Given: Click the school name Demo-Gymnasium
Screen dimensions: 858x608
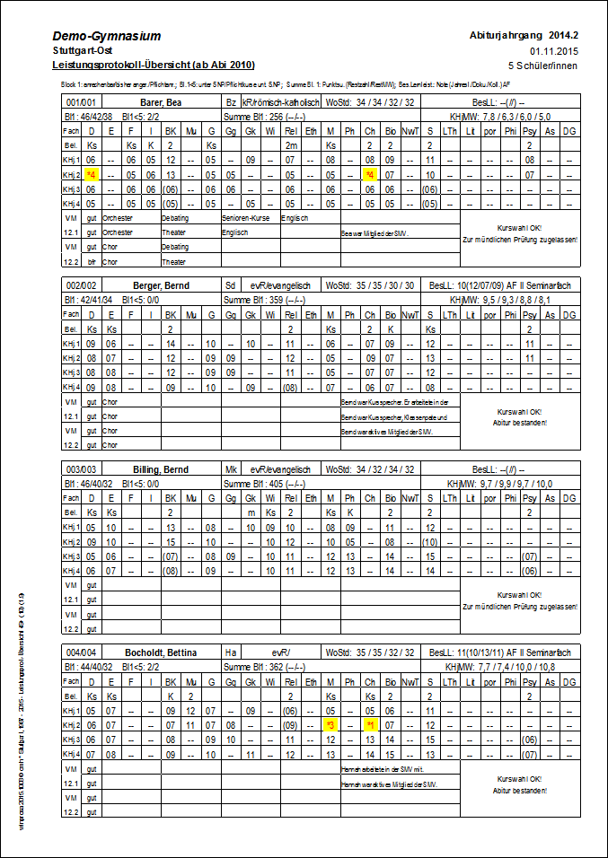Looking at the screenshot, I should tap(107, 36).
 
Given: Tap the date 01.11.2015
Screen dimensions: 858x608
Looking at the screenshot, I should tap(554, 51).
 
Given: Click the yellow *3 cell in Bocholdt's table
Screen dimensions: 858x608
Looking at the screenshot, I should tap(330, 724).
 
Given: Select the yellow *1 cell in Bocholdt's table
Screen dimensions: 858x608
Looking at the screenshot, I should tap(370, 724).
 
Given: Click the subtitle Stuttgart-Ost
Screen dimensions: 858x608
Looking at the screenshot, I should tap(78, 51).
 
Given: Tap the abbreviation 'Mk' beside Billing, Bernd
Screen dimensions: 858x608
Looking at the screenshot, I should tap(230, 469).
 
